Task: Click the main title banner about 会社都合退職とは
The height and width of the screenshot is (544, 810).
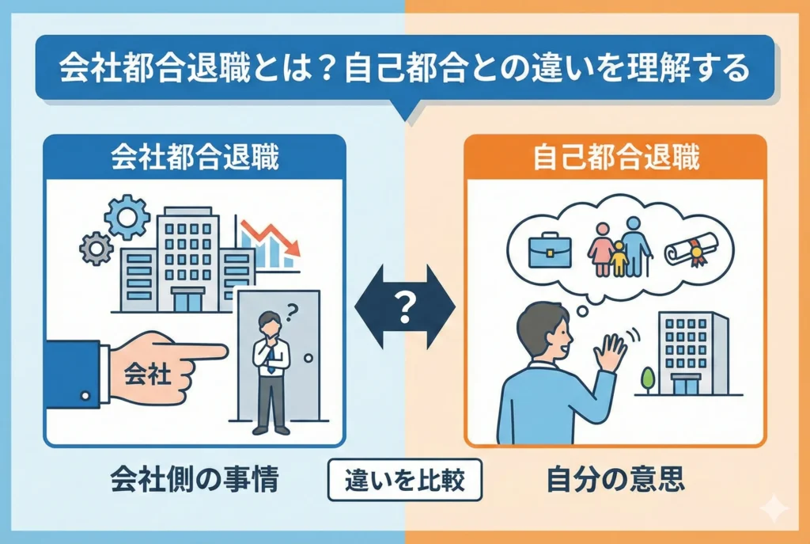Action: pos(404,70)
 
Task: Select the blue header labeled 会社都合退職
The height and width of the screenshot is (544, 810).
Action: pos(194,157)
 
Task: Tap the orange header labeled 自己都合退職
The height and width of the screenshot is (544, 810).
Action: pos(615,157)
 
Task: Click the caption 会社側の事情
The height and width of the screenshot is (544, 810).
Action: pos(194,479)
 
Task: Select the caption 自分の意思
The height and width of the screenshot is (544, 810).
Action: pos(614,479)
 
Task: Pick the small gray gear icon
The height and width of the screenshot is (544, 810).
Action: pos(96,248)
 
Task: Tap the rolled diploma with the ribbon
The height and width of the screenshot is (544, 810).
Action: pos(686,248)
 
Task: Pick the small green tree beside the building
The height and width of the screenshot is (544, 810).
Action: pos(648,379)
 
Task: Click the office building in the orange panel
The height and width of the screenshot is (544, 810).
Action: pos(690,352)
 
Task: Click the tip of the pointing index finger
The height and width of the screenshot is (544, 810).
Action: pos(223,350)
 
